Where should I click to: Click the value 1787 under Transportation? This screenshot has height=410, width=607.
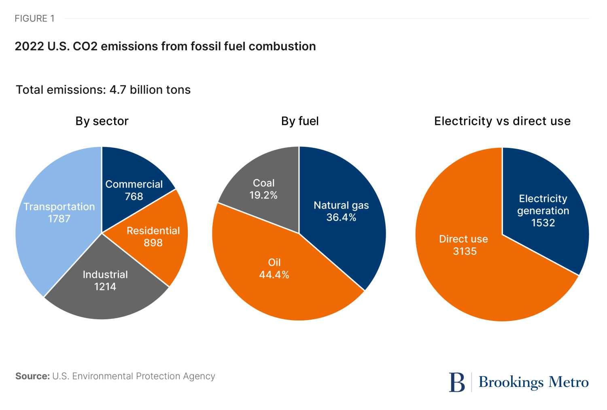tap(59, 219)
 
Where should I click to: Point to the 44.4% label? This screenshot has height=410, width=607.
tap(274, 275)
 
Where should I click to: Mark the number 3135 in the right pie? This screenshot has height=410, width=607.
tap(465, 251)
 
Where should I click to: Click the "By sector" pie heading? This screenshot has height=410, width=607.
tap(102, 121)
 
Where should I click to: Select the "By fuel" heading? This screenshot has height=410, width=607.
tap(300, 121)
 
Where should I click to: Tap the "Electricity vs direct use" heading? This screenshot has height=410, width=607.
tap(502, 121)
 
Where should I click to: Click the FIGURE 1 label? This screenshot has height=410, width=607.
tap(34, 19)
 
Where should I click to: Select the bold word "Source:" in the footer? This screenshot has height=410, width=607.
tap(32, 376)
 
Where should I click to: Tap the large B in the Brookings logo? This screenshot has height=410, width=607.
tap(457, 382)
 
